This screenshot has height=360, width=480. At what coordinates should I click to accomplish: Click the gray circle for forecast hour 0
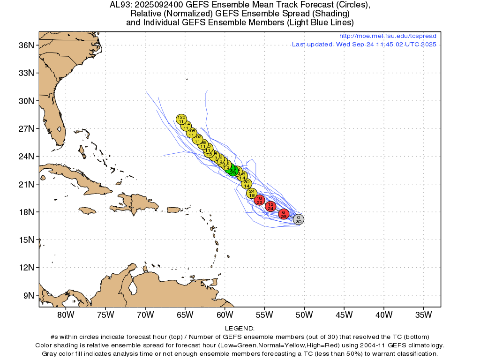[x=299, y=219]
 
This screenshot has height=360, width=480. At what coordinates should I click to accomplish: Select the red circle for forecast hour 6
[x=284, y=214]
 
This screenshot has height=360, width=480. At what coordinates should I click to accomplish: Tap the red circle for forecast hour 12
[x=270, y=206]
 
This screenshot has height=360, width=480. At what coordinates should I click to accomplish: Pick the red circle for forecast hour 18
[x=259, y=200]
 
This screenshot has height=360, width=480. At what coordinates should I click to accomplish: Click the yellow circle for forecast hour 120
[x=181, y=119]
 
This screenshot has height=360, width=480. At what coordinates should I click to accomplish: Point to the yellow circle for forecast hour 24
[x=252, y=193]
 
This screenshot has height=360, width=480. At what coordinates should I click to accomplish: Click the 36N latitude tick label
[x=27, y=45]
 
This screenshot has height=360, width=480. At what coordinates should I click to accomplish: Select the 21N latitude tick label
[x=27, y=184]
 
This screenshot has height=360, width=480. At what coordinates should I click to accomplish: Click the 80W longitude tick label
[x=66, y=315]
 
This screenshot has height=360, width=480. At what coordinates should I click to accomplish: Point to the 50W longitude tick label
[x=304, y=315]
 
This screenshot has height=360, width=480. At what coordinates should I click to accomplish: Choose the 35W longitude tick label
[x=423, y=315]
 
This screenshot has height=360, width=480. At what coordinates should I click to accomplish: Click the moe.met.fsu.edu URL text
[x=387, y=36]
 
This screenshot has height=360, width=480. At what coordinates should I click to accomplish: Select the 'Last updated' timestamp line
[x=364, y=45]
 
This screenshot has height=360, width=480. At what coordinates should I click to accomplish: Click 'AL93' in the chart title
[x=120, y=5]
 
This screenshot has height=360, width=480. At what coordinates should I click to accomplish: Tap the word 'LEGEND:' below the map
[x=240, y=329]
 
